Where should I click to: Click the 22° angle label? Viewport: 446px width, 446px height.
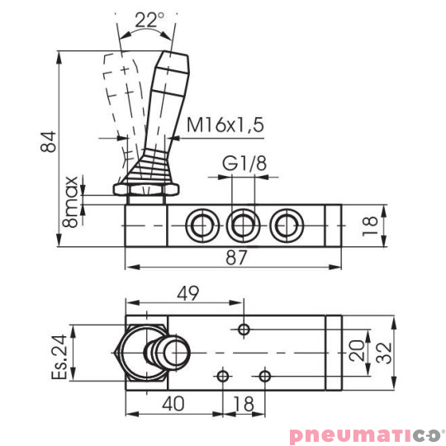pyautogui.click(x=147, y=21)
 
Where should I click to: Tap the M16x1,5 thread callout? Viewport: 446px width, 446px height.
pyautogui.click(x=225, y=126)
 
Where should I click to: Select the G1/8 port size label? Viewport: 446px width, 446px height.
pyautogui.click(x=244, y=164)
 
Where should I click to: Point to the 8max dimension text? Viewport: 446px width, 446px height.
pyautogui.click(x=73, y=200)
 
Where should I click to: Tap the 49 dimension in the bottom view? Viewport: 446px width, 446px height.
pyautogui.click(x=188, y=292)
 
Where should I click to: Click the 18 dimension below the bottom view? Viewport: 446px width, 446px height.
pyautogui.click(x=243, y=404)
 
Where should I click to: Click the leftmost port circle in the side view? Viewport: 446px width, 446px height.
pyautogui.click(x=199, y=224)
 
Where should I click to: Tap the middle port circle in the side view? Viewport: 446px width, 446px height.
pyautogui.click(x=243, y=224)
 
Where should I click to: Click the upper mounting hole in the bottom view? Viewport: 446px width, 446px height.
pyautogui.click(x=243, y=330)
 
